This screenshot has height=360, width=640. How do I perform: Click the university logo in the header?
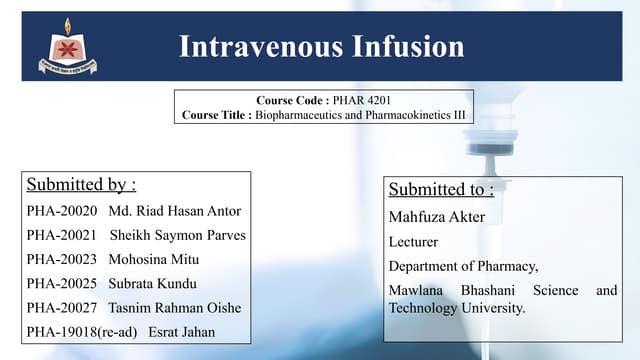68,47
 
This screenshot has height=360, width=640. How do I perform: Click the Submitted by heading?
81,184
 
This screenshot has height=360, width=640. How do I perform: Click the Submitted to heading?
441,189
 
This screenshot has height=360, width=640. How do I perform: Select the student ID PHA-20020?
62,211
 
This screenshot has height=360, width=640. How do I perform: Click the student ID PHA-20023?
62,259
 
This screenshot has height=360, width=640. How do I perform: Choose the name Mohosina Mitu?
153,259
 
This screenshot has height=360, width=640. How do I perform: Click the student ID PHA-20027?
62,307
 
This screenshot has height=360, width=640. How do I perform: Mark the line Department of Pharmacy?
463,266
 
